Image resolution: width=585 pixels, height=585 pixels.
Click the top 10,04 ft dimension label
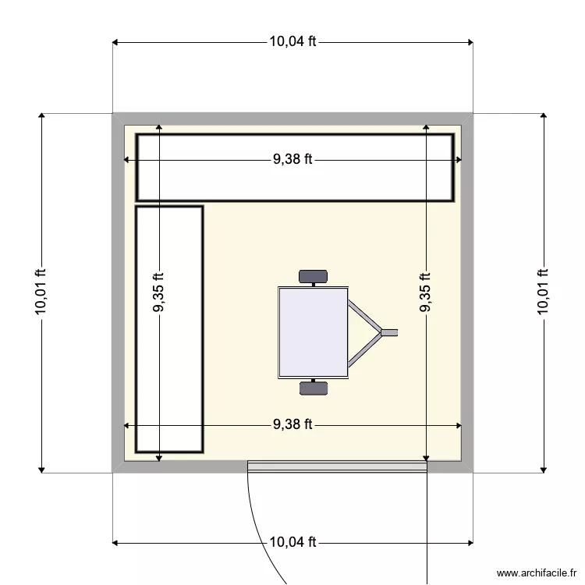[x=292, y=42]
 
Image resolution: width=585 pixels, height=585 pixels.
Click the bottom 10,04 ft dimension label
[x=292, y=541]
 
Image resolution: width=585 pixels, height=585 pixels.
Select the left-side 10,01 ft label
[x=41, y=292]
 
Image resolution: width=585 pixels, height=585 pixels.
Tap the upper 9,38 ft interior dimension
[x=292, y=159]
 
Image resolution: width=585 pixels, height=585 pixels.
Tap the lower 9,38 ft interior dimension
[x=292, y=425]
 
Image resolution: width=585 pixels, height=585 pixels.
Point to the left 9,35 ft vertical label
[x=158, y=292]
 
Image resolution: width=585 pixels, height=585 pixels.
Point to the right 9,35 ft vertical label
[x=426, y=292]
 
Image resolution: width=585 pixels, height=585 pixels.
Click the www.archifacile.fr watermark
[x=536, y=573]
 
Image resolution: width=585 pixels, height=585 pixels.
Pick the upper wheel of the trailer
[x=313, y=275]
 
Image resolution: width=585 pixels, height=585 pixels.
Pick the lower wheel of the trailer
[x=313, y=388]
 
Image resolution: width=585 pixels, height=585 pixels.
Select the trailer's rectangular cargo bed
[x=313, y=332]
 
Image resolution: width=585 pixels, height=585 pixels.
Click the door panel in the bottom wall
[x=337, y=466]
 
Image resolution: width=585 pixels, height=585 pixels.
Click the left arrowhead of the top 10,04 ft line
[x=116, y=42]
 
